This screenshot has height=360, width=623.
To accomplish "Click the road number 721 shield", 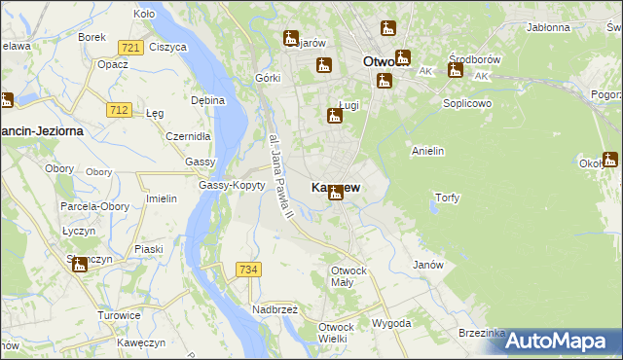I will (x=129, y=47).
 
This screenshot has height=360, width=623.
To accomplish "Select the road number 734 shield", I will (x=247, y=269).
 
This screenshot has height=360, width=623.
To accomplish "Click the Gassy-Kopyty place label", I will (x=232, y=185).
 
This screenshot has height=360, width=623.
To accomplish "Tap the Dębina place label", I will (x=208, y=100).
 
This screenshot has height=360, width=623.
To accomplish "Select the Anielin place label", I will (x=428, y=151).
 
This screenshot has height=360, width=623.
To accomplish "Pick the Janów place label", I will (x=428, y=265).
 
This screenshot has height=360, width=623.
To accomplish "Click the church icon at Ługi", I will (x=335, y=117).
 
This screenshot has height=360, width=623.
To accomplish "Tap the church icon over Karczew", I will (x=336, y=193).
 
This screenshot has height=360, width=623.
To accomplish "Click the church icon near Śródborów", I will (x=455, y=69).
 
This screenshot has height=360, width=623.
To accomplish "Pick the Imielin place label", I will (x=161, y=198).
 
